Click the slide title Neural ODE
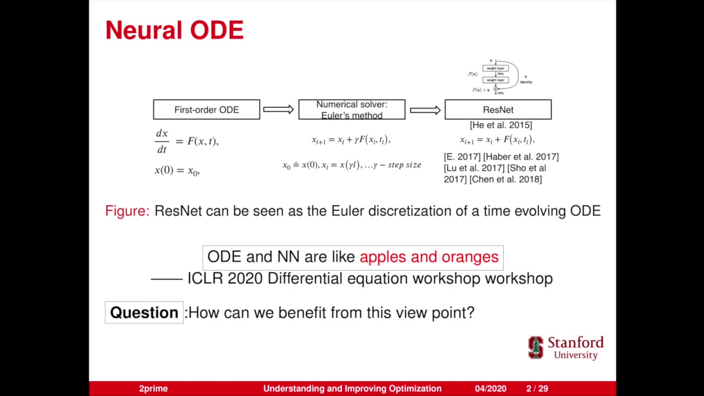(174, 31)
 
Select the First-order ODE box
(206, 109)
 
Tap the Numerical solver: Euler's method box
(351, 109)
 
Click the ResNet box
(498, 109)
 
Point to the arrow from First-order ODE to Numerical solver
(278, 109)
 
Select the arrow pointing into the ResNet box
(425, 110)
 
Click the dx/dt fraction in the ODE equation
(162, 141)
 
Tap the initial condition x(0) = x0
(177, 170)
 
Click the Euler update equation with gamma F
(351, 140)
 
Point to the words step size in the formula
(404, 165)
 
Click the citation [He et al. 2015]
(501, 125)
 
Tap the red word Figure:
(127, 211)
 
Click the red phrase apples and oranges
(429, 257)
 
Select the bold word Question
(144, 312)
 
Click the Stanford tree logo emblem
(536, 348)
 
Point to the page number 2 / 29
(537, 388)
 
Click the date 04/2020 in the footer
(491, 388)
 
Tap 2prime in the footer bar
(153, 388)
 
